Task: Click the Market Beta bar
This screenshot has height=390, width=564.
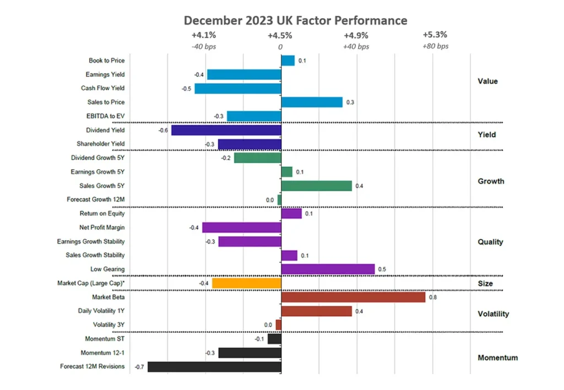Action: point(353,297)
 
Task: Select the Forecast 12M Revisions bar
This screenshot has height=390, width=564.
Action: point(214,366)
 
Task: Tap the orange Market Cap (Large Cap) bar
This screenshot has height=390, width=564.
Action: point(246,283)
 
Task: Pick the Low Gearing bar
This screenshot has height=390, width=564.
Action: point(328,269)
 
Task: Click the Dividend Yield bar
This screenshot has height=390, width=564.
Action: point(226,130)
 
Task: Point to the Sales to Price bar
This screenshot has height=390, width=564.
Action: point(312,102)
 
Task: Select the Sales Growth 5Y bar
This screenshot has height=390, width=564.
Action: point(316,186)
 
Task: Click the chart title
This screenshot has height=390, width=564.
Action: point(295,20)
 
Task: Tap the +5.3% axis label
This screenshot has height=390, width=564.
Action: point(435,35)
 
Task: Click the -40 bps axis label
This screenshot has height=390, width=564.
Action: point(204,46)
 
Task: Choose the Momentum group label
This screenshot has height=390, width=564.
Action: point(497,357)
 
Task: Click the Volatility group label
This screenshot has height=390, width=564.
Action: point(493,314)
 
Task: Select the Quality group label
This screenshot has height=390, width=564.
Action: point(490,242)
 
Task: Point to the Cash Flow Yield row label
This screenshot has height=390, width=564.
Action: point(102,88)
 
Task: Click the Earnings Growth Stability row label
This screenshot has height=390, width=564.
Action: point(91,241)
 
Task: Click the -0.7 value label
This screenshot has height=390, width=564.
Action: point(139,366)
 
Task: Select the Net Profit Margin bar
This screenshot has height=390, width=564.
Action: point(241,227)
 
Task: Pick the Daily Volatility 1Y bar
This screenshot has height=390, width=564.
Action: point(316,311)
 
